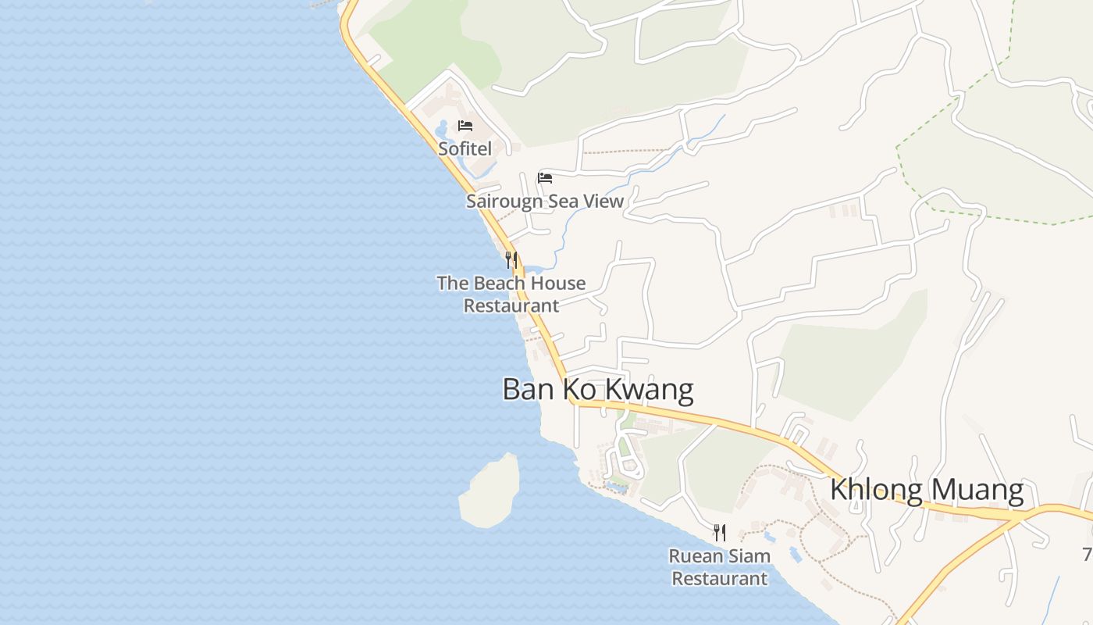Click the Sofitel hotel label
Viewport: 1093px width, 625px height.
pyautogui.click(x=465, y=148)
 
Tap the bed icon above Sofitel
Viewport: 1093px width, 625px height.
pyautogui.click(x=465, y=126)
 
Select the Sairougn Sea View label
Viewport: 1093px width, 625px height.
pyautogui.click(x=545, y=202)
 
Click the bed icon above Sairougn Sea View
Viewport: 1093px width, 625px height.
pyautogui.click(x=545, y=178)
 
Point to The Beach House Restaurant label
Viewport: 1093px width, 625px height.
pyautogui.click(x=511, y=295)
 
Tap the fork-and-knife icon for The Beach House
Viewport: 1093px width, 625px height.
pyautogui.click(x=511, y=259)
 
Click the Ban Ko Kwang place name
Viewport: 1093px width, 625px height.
pyautogui.click(x=597, y=389)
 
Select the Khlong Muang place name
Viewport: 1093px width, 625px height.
pyautogui.click(x=927, y=490)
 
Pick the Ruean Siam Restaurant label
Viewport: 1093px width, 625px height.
pyautogui.click(x=720, y=567)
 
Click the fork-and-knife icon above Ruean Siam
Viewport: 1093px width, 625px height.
pyautogui.click(x=720, y=534)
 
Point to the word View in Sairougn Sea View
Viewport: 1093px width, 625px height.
pyautogui.click(x=603, y=202)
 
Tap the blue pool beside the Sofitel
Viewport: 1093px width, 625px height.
pyautogui.click(x=442, y=127)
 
